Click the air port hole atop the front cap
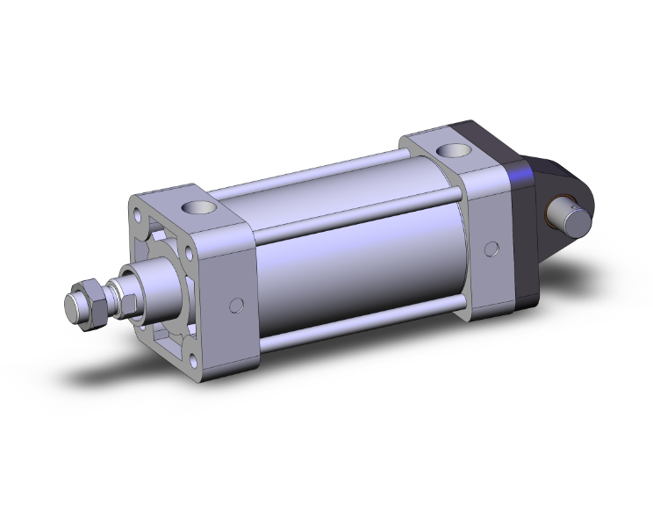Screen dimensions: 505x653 (196, 209)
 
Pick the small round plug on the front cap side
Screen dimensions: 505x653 (235, 305)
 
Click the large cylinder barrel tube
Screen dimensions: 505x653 (360, 263)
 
